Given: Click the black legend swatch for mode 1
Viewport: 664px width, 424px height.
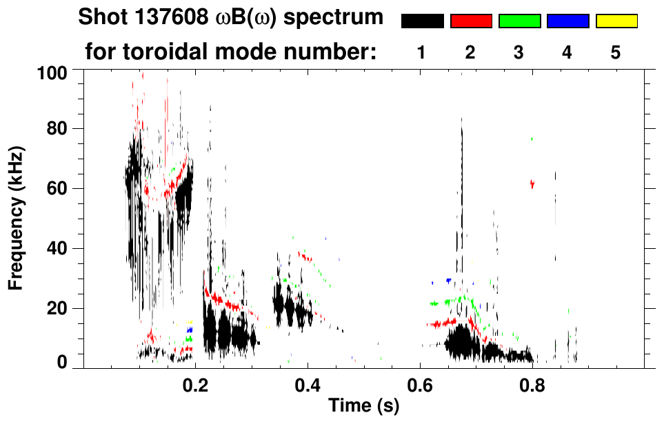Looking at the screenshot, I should pyautogui.click(x=422, y=21).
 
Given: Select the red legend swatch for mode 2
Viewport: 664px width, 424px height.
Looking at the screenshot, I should pyautogui.click(x=471, y=21).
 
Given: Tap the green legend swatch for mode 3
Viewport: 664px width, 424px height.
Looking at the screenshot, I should pyautogui.click(x=519, y=21).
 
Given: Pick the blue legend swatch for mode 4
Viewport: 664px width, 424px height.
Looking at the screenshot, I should pyautogui.click(x=567, y=21).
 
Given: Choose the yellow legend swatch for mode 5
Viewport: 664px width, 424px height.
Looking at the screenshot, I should pyautogui.click(x=616, y=21).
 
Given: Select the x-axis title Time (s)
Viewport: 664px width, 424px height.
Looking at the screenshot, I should pyautogui.click(x=363, y=406).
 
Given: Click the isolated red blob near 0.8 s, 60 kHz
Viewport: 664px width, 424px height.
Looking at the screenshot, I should pyautogui.click(x=532, y=183).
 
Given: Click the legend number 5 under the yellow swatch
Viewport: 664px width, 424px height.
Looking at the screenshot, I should pyautogui.click(x=616, y=52).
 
